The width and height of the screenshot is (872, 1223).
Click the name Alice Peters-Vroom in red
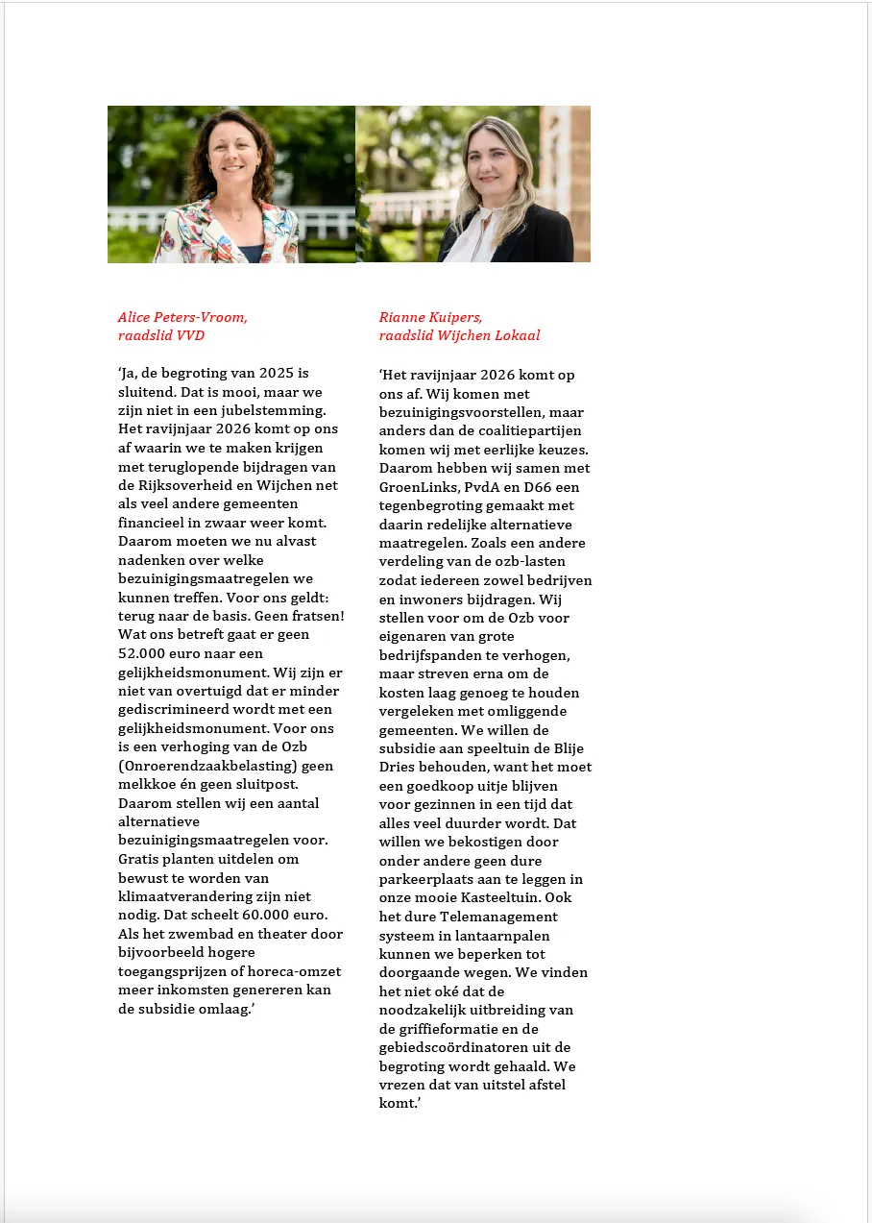182,317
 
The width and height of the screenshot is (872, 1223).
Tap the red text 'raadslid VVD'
160,335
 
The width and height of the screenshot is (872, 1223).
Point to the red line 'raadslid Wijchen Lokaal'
459,335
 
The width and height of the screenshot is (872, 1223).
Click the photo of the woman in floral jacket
231,184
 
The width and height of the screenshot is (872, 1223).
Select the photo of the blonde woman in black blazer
473,184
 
